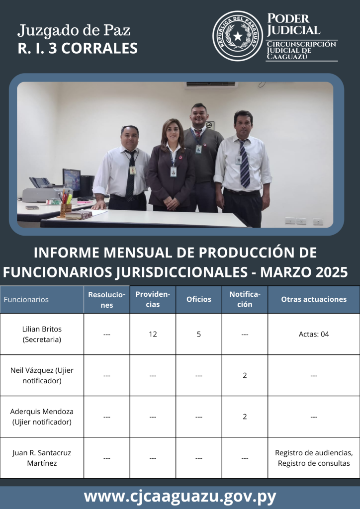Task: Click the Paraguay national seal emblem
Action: pos(238,36)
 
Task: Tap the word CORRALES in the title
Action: pos(99,48)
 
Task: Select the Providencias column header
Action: pos(153,299)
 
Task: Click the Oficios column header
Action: pos(199,299)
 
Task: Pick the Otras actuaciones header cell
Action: pos(314,299)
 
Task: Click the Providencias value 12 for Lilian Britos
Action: pos(153,334)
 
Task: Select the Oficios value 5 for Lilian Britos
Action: pos(199,334)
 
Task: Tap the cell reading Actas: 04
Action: pos(314,334)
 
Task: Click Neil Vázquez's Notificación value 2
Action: pos(245,375)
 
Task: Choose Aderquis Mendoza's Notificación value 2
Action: pos(245,417)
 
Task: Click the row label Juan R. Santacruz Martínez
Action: pos(42,458)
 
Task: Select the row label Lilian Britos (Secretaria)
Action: pos(42,334)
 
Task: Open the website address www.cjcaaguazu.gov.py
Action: pos(180,497)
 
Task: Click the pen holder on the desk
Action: pos(66,210)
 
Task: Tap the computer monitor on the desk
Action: pos(72,179)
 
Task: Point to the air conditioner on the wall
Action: pos(211,85)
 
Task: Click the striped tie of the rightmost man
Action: pos(244,164)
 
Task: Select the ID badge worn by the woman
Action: pos(174,171)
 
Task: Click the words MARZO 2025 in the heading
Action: pos(304,272)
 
